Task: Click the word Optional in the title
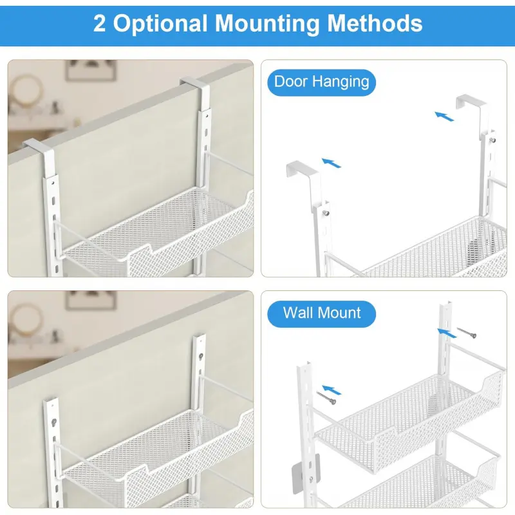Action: (x=160, y=24)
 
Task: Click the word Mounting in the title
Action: (x=267, y=24)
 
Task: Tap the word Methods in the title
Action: (x=375, y=23)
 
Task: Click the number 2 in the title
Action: (x=99, y=23)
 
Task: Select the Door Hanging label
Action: (x=321, y=82)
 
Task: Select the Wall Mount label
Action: (x=321, y=314)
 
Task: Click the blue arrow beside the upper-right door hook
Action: (x=444, y=116)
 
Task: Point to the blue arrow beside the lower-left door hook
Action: (x=332, y=163)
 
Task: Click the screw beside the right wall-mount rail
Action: (x=466, y=332)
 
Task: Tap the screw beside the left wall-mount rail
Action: (x=326, y=397)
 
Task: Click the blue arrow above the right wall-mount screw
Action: (x=447, y=333)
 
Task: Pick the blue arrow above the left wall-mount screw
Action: (x=332, y=390)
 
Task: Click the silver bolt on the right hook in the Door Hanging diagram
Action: (x=492, y=140)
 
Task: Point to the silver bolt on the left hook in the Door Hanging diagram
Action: (x=326, y=214)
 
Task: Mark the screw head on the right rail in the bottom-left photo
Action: (x=200, y=355)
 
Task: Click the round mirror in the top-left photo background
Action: (x=26, y=90)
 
